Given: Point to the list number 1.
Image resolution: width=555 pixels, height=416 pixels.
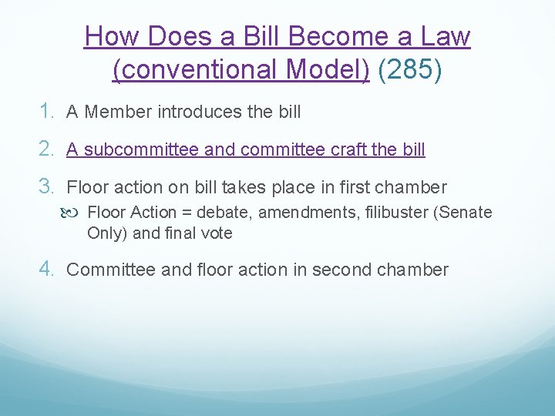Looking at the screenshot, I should (x=48, y=112).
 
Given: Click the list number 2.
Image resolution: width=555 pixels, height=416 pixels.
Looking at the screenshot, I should (x=48, y=149).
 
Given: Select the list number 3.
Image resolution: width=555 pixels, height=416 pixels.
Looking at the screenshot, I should (x=48, y=187).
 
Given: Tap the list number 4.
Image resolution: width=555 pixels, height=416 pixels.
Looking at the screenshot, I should (x=48, y=270).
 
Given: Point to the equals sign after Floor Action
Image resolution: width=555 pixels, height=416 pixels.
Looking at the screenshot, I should (x=186, y=213).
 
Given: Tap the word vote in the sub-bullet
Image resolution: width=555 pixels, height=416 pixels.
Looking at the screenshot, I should (x=214, y=233).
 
